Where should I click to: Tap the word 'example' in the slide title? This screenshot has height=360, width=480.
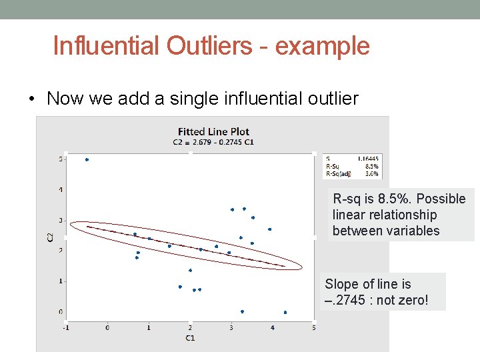323,46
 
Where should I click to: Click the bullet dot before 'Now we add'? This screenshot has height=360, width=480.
31,100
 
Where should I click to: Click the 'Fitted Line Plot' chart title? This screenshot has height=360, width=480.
213,131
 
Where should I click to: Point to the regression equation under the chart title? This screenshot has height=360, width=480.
213,142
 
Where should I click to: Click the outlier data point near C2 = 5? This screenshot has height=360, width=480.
87,159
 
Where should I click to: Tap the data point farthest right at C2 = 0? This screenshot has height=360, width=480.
285,312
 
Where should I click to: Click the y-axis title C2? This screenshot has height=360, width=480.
51,236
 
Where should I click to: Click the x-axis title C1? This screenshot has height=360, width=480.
189,338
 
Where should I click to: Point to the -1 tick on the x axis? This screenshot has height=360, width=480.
65,327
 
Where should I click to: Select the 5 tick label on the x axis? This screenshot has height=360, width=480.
313,327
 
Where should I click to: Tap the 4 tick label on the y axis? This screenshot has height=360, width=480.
61,190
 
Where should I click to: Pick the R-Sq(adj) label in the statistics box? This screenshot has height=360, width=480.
337,173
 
